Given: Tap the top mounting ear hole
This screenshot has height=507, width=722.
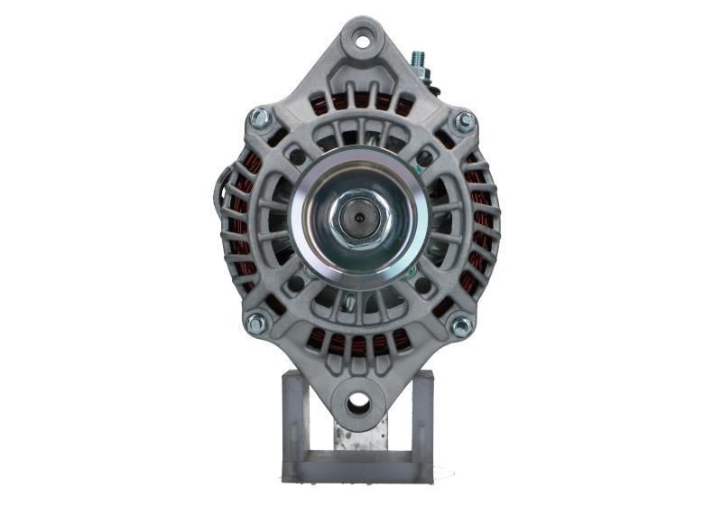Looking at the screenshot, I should (363, 39).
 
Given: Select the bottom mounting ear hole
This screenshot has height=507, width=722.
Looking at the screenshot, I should (358, 402).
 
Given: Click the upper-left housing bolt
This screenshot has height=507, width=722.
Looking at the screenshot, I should (259, 117).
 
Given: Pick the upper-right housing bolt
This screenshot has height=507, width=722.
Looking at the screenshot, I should (464, 121).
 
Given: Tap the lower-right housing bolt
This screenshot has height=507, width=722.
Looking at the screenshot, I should (461, 325).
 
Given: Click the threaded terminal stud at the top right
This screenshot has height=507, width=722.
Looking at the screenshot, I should (418, 60).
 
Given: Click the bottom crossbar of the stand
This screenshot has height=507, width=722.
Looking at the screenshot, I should (358, 471).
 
